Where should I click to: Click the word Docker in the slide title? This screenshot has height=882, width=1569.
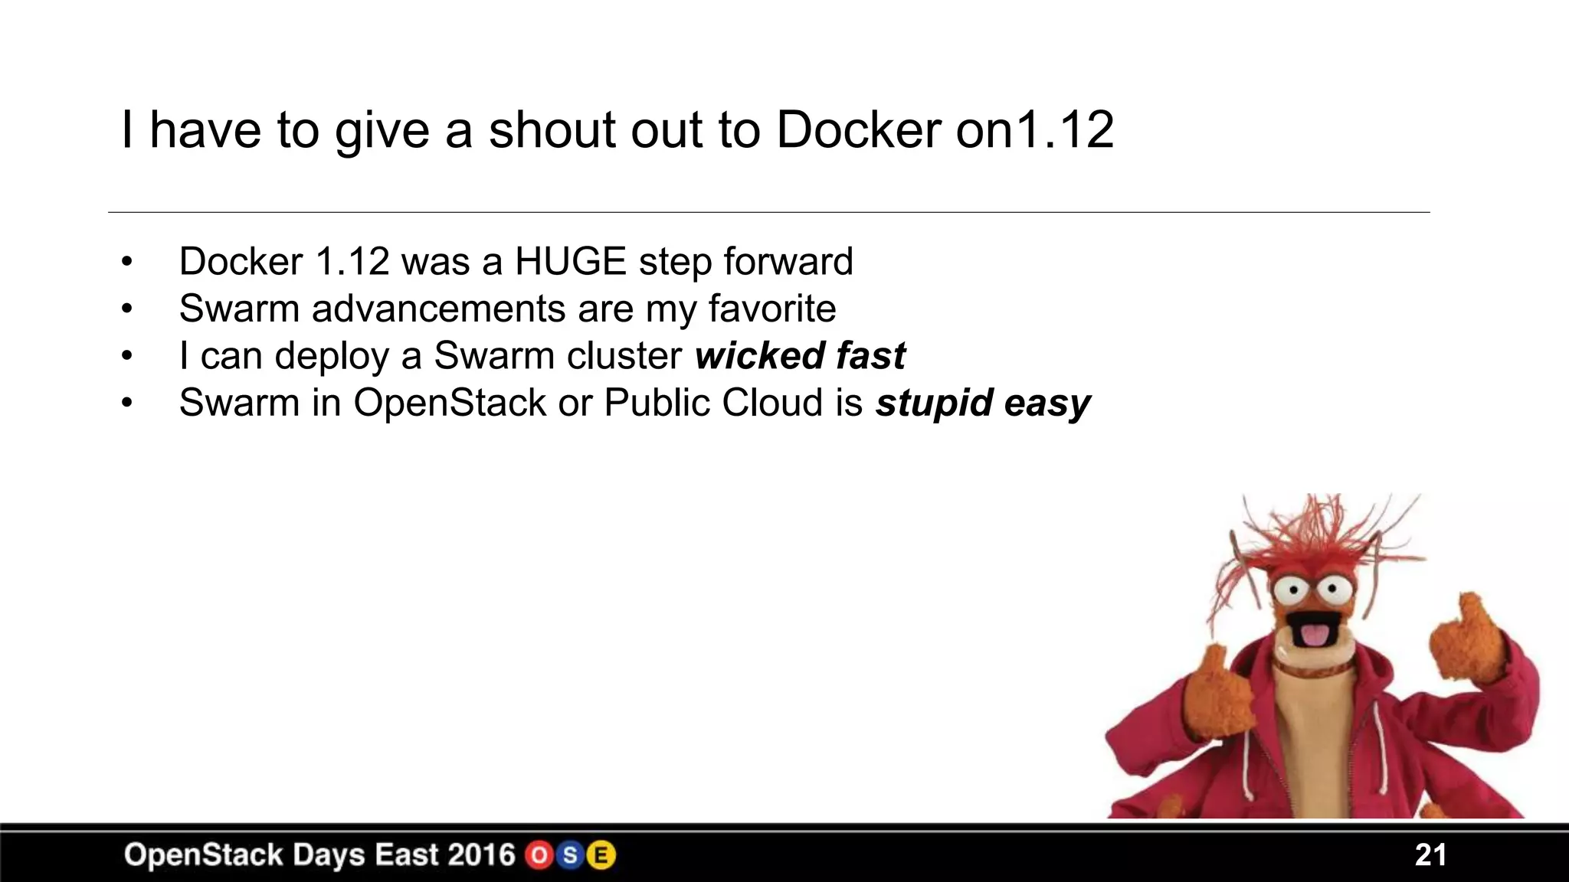tap(858, 130)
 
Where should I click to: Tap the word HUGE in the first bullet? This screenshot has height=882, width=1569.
tap(571, 262)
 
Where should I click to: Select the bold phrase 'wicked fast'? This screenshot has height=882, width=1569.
tap(800, 356)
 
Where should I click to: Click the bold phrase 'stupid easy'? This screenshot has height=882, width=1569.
tap(983, 403)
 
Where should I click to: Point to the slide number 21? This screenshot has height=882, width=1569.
tap(1430, 855)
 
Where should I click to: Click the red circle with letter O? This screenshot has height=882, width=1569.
tap(539, 855)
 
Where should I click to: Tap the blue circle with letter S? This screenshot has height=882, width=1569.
tap(570, 855)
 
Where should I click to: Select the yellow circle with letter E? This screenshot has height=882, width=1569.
tap(601, 855)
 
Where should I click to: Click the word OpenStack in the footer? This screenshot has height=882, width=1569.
tap(203, 855)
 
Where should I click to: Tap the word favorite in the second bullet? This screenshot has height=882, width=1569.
tap(771, 309)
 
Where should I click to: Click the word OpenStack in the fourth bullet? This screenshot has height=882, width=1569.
tap(450, 403)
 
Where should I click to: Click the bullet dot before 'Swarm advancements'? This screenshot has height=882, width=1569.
tap(126, 309)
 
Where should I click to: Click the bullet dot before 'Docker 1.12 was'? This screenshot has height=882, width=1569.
tap(126, 262)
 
